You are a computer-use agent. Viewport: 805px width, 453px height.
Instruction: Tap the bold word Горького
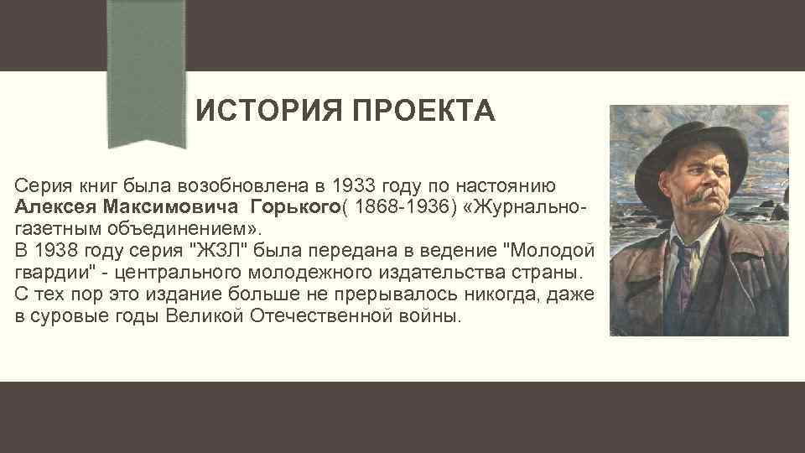[x=290, y=206]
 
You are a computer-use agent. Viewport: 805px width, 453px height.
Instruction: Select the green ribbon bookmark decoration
[x=150, y=75]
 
